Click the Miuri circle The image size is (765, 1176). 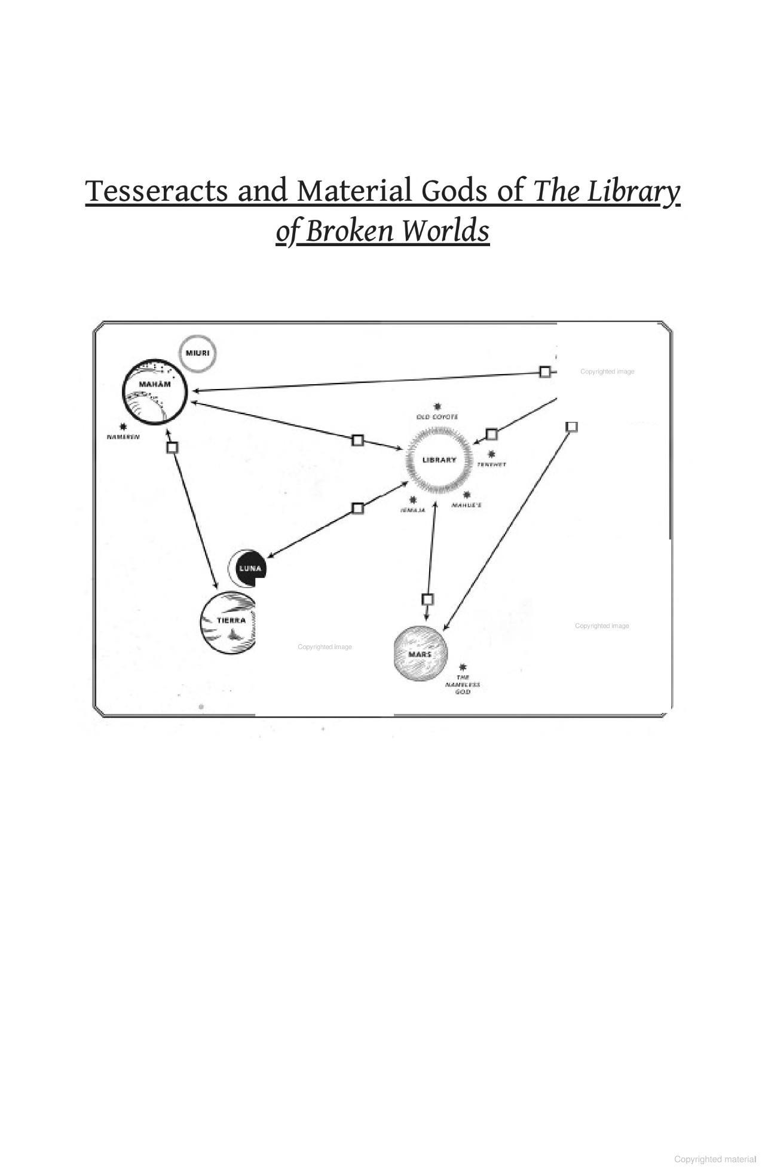(x=197, y=354)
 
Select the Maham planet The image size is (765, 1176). (x=155, y=392)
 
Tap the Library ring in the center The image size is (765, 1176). (x=439, y=460)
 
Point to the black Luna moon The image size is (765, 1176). (x=248, y=568)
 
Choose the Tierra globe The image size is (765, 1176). (x=228, y=623)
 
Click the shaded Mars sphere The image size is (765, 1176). (x=420, y=654)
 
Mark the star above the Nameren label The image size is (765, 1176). (x=123, y=427)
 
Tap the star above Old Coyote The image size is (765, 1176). (x=437, y=406)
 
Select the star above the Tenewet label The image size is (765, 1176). (x=491, y=454)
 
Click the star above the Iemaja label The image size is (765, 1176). (x=412, y=500)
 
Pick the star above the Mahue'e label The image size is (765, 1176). (x=467, y=495)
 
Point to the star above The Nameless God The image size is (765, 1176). (x=463, y=667)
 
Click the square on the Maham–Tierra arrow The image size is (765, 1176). (x=172, y=447)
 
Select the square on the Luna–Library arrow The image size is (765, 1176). (x=357, y=508)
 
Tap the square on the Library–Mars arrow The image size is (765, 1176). (x=427, y=599)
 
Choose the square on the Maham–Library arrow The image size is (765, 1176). (x=357, y=440)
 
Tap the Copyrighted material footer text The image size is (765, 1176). (x=715, y=1159)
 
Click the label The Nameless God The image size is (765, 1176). (x=463, y=685)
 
